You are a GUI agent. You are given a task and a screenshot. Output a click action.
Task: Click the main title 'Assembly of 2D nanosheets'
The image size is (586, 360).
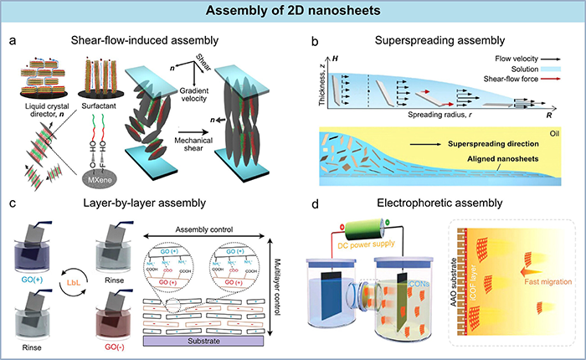point(293,11)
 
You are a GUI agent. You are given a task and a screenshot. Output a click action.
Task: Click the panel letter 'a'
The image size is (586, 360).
point(10,39)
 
